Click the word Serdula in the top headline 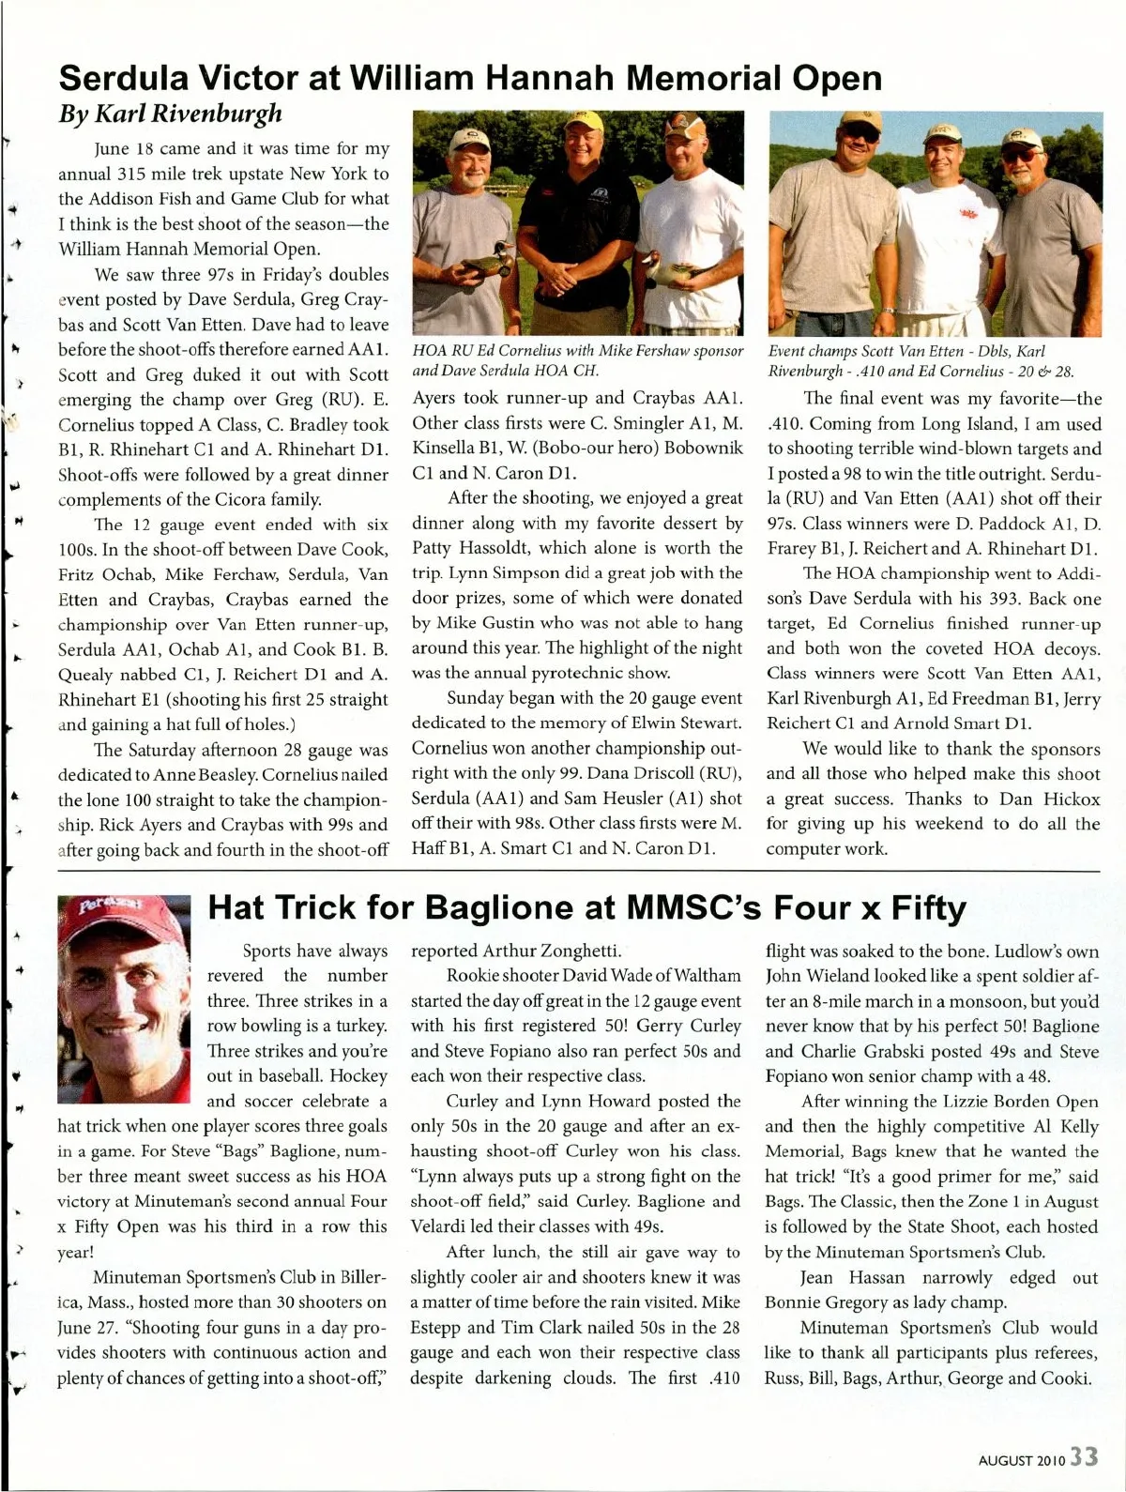130,77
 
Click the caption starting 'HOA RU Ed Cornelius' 578,359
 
